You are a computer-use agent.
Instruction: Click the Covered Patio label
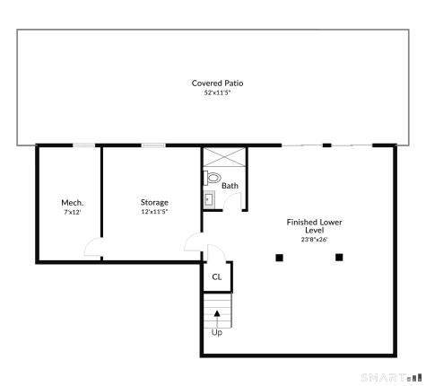pyautogui.click(x=217, y=83)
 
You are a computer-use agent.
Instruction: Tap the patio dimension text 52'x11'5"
pyautogui.click(x=217, y=93)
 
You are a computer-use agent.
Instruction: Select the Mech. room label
pyautogui.click(x=72, y=203)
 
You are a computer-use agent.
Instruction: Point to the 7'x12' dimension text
pyautogui.click(x=72, y=213)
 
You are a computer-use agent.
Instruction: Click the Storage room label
pyautogui.click(x=154, y=203)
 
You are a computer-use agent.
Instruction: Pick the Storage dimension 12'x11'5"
pyautogui.click(x=154, y=213)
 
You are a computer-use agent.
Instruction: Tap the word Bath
pyautogui.click(x=230, y=186)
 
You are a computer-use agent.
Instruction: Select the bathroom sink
pyautogui.click(x=209, y=199)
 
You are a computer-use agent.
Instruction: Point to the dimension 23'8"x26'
pyautogui.click(x=314, y=240)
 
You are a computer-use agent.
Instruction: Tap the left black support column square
pyautogui.click(x=280, y=258)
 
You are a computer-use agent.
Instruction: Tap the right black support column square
pyautogui.click(x=339, y=258)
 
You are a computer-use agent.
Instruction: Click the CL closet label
pyautogui.click(x=217, y=277)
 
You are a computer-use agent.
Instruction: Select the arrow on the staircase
pyautogui.click(x=217, y=314)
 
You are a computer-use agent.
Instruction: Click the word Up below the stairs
pyautogui.click(x=217, y=333)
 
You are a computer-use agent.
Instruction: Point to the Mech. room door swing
pyautogui.click(x=92, y=249)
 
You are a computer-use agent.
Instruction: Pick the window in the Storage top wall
pyautogui.click(x=153, y=145)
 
